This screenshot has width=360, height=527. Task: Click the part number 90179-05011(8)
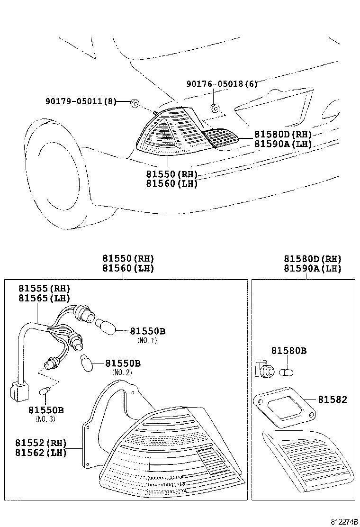(x=81, y=101)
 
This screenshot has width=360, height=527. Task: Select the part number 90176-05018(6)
(x=222, y=84)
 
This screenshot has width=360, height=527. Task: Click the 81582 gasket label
(x=332, y=400)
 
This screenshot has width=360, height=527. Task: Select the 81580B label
(x=288, y=351)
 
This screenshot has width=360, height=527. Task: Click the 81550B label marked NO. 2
(x=122, y=363)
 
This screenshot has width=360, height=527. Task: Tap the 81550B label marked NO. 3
(x=45, y=410)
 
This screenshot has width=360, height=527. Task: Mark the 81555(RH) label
(x=44, y=289)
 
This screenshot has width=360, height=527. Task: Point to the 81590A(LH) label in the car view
(x=283, y=144)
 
